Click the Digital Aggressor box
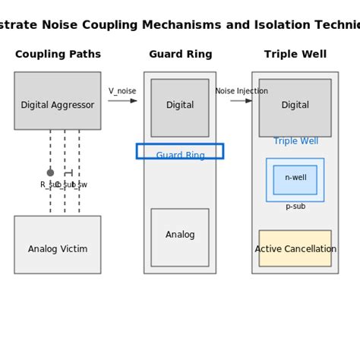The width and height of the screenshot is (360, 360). tap(57, 100)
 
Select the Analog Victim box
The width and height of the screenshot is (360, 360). tap(57, 245)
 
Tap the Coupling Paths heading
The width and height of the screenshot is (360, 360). tap(58, 55)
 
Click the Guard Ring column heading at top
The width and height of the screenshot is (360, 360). tap(180, 55)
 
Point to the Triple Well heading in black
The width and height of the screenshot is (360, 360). tap(295, 55)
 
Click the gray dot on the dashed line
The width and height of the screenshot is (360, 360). tap(50, 172)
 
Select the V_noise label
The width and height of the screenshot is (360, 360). tap(122, 91)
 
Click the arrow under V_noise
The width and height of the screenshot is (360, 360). tap(122, 100)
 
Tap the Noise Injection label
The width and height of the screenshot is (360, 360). tap(241, 91)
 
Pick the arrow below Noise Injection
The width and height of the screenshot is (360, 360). tap(241, 100)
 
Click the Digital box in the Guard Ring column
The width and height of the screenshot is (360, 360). tap(180, 107)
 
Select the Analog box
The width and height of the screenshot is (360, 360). tap(180, 237)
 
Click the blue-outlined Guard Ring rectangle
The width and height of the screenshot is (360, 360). tap(180, 151)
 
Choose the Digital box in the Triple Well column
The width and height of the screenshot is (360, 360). tap(295, 107)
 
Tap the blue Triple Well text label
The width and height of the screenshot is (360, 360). tap(295, 141)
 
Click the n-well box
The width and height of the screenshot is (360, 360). tap(295, 179)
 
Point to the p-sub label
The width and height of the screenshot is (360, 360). tap(295, 207)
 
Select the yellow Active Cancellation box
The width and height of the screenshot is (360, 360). tap(295, 248)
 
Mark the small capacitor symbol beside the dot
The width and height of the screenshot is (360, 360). tap(68, 172)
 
